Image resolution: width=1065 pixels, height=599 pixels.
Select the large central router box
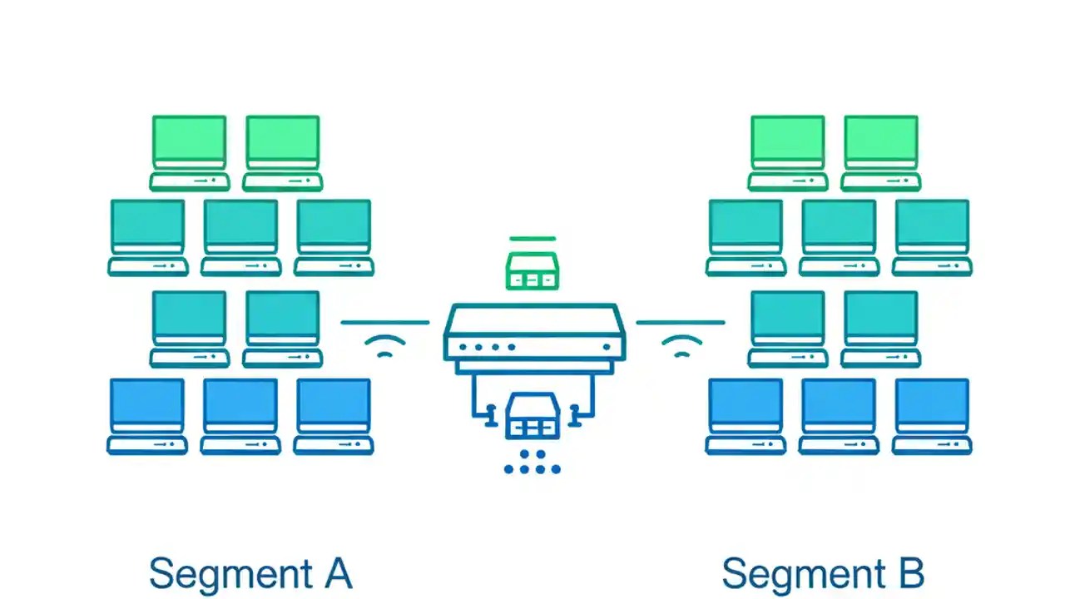[x=534, y=333]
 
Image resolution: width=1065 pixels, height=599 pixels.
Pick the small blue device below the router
[x=532, y=418]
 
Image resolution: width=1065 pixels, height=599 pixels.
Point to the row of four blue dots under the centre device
[x=532, y=469]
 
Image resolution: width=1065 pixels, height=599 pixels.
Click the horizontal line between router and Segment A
[x=385, y=322]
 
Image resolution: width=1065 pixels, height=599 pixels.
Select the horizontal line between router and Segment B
[x=681, y=322]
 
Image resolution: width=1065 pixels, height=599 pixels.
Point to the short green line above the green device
[x=532, y=239]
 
